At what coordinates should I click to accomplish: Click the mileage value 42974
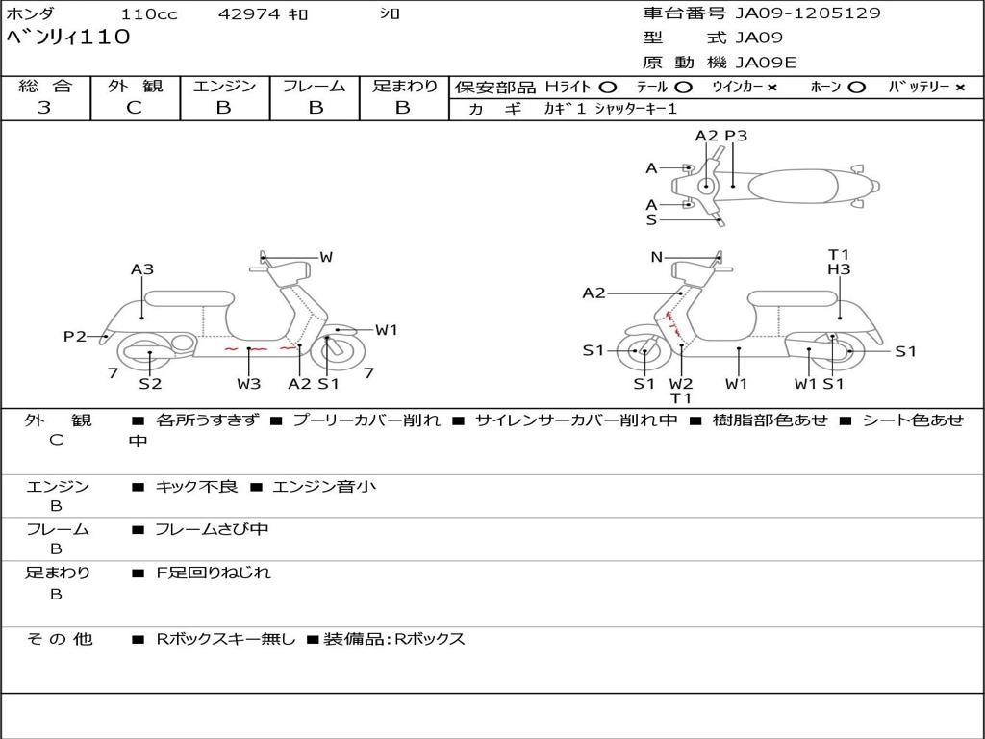tap(250, 14)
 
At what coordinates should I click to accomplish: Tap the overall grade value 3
tap(44, 108)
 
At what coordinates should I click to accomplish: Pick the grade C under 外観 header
tap(134, 108)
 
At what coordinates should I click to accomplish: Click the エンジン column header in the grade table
tap(224, 87)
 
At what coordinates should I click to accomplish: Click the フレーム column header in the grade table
tap(314, 87)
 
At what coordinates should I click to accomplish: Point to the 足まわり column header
tap(404, 87)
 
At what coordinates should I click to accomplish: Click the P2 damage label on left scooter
tap(74, 336)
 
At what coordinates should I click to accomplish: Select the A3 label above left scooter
tap(142, 270)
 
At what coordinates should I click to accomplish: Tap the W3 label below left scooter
tap(249, 384)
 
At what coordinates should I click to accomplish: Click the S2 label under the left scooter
tap(150, 384)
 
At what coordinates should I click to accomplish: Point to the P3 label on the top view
tap(736, 136)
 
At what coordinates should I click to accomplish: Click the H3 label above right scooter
tap(839, 270)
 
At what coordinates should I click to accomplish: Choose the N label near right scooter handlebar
tap(656, 257)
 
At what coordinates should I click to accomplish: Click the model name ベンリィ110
tap(67, 38)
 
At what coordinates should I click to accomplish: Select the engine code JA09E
tap(766, 63)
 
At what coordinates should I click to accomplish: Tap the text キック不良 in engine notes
tap(196, 487)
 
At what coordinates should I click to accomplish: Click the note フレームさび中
tap(212, 529)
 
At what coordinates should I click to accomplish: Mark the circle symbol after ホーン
tap(856, 87)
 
